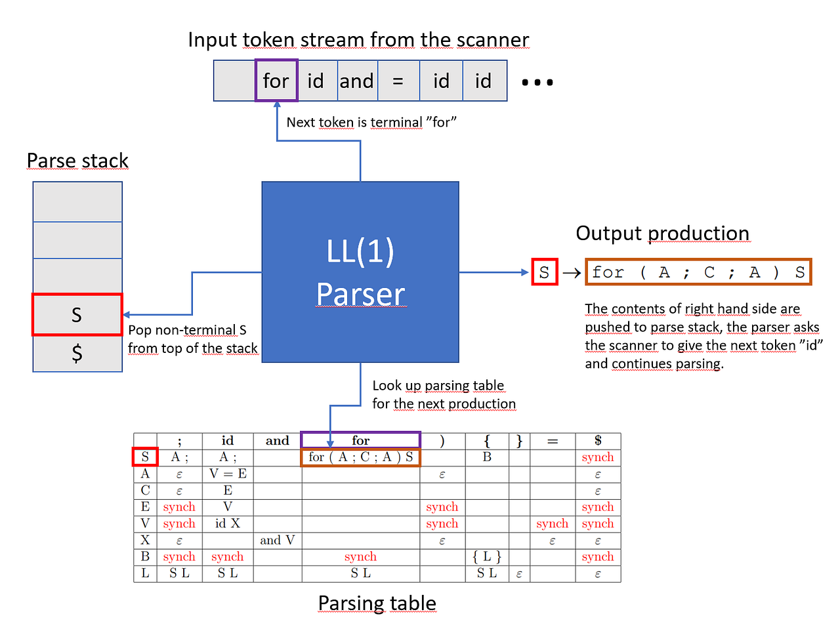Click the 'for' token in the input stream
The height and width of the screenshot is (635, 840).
(x=276, y=81)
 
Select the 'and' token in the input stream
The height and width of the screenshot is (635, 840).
(x=357, y=81)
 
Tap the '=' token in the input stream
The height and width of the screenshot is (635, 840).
(x=398, y=81)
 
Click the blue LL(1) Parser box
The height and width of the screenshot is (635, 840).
(x=360, y=272)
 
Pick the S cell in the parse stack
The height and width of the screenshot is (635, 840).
(x=77, y=315)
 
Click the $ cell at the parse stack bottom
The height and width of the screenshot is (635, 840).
(x=77, y=354)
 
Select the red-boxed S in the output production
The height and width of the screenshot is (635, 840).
(x=544, y=272)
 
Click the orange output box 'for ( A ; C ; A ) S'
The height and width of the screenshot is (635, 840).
(x=698, y=272)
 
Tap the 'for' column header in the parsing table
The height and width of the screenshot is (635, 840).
(x=360, y=441)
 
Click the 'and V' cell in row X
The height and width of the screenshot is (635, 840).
(x=277, y=541)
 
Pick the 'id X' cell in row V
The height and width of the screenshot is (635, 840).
(x=228, y=523)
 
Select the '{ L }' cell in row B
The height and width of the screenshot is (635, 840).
(x=487, y=557)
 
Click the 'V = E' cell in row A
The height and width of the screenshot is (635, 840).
(x=228, y=474)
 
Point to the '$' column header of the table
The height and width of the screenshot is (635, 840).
(x=598, y=441)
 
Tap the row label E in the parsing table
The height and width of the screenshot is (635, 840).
(x=145, y=507)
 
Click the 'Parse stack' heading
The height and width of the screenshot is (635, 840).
(x=77, y=161)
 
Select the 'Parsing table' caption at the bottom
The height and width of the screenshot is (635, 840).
(x=377, y=603)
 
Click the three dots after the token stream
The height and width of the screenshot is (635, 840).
(x=537, y=83)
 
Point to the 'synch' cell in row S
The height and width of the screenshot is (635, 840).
(x=598, y=457)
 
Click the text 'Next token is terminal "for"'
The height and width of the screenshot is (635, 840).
(x=371, y=123)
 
